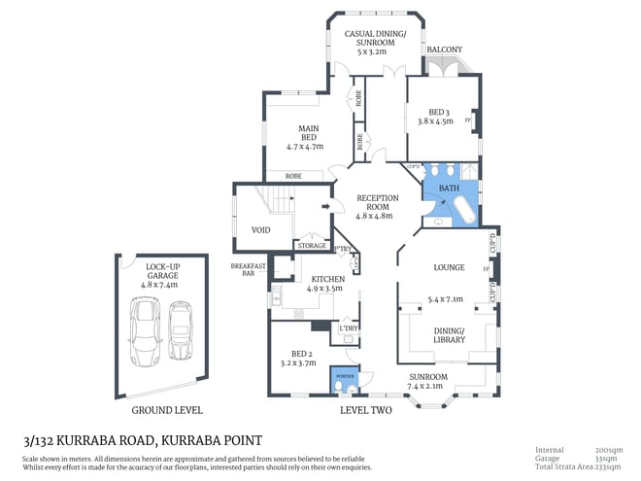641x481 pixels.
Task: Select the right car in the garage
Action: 181,328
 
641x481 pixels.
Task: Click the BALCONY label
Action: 444,50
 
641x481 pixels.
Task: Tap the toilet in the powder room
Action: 337,386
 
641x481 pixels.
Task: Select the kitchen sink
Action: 276,298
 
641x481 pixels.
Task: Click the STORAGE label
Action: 312,246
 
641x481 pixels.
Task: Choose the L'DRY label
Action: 347,329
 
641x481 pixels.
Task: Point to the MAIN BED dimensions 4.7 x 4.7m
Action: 305,146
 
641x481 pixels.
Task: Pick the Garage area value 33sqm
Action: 609,459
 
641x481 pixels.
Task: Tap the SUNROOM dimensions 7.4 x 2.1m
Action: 427,386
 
